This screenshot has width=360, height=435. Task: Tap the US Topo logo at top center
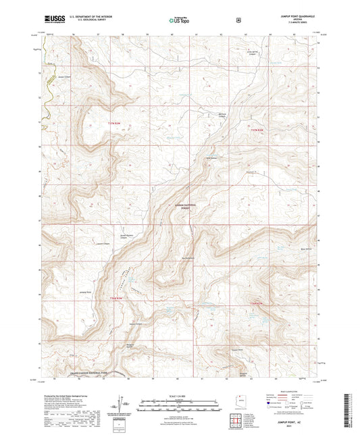click(x=178, y=20)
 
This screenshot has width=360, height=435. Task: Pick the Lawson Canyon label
click(x=101, y=244)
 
